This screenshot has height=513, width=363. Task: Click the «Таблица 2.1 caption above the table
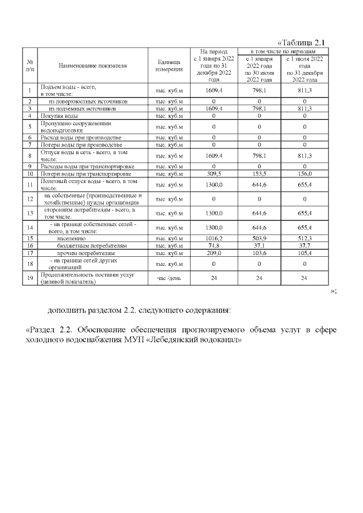[301, 43]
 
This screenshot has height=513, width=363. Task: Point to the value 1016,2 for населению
[214, 239]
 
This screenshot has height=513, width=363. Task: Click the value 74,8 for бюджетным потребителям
[214, 246]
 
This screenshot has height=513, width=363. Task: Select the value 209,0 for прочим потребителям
[214, 253]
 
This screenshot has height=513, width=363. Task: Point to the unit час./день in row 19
[168, 278]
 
